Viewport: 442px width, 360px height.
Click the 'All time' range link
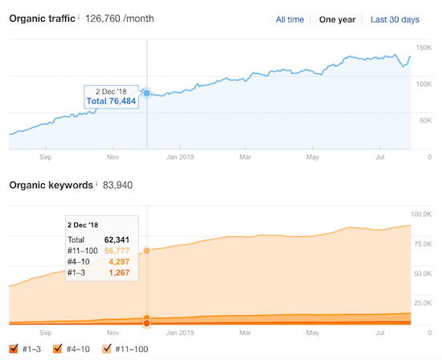coord(290,19)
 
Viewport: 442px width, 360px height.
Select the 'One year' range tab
coord(338,19)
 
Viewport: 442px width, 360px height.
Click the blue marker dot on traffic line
coord(146,93)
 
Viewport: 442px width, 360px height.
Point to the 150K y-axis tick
coord(424,48)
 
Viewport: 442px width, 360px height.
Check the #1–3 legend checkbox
coord(14,349)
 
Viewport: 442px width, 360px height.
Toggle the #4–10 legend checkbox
coord(57,349)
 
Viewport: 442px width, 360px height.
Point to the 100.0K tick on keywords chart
coord(420,215)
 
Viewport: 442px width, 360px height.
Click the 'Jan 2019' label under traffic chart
coord(180,157)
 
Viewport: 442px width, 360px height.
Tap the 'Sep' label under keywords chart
coord(45,330)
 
